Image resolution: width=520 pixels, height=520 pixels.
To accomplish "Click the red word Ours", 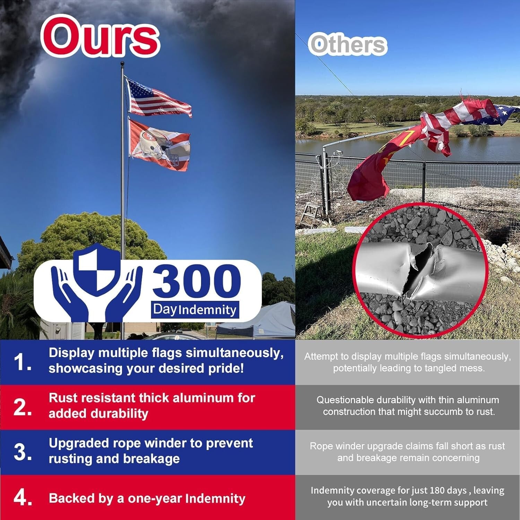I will pos(101,36).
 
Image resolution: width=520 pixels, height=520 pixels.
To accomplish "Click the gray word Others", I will pos(348,44).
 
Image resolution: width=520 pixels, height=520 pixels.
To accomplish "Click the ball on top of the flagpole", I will pos(122,64).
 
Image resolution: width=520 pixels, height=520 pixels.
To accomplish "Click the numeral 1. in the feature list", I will pos(23,362).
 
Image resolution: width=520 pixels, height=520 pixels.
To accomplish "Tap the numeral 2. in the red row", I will pos(23,407).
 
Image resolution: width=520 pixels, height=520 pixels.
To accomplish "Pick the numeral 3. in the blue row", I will pos(23,452).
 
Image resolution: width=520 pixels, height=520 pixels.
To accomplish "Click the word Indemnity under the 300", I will pos(207,310).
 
